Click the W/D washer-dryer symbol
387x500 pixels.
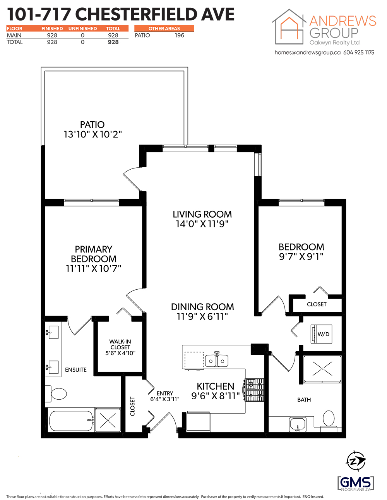(321, 334)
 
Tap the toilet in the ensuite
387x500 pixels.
(56, 394)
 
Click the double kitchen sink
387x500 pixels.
(216, 360)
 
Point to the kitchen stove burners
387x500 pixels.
(255, 390)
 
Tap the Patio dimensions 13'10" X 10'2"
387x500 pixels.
(92, 134)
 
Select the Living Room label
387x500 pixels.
(202, 214)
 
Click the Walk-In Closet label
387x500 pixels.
(120, 344)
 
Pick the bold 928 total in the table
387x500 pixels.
(113, 42)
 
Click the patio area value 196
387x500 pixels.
(179, 35)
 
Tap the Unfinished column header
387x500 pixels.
(82, 29)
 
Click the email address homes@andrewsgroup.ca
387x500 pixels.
(308, 52)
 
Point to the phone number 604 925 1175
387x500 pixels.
(359, 52)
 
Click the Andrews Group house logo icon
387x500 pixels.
(289, 27)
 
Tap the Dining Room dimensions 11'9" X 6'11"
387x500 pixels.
(202, 316)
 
